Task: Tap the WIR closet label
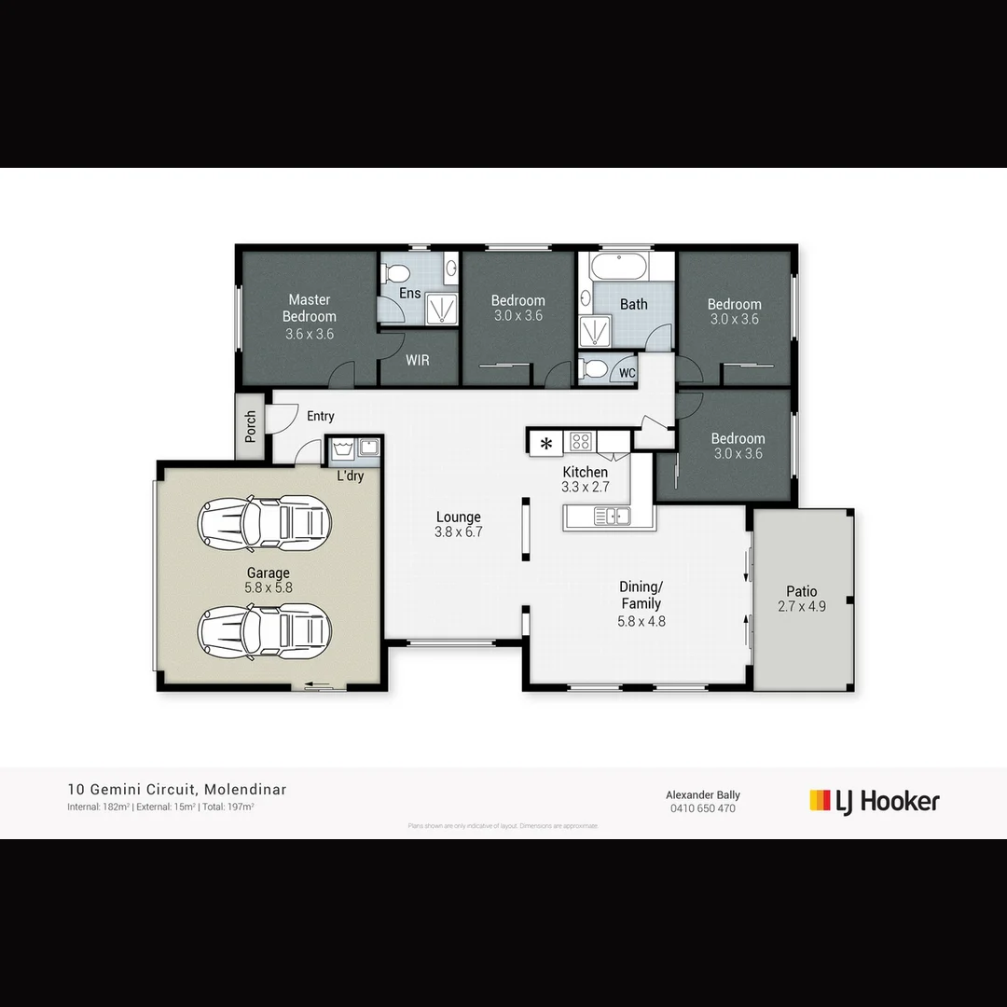tap(418, 360)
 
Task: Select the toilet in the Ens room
tap(397, 273)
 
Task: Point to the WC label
tap(628, 373)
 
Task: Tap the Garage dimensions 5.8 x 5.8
tap(268, 588)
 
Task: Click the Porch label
tap(250, 426)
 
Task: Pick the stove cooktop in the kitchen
tap(581, 441)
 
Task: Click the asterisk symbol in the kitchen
tap(545, 443)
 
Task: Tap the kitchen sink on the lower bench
tap(612, 515)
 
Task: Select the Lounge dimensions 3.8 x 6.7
tap(458, 532)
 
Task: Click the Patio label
tap(801, 591)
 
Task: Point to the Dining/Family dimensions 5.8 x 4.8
tap(641, 621)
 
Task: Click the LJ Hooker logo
tap(874, 801)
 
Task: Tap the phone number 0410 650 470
tap(702, 808)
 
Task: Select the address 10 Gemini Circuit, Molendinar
tap(177, 790)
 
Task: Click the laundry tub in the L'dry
tap(341, 449)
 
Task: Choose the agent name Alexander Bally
tap(702, 794)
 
